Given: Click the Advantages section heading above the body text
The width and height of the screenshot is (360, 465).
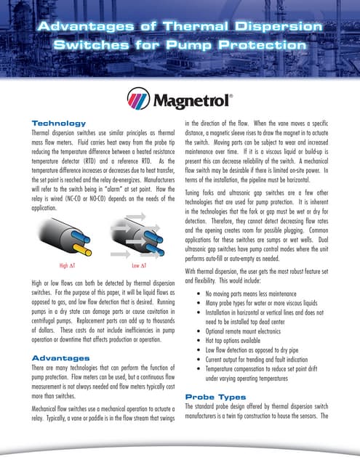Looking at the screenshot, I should click(x=61, y=358).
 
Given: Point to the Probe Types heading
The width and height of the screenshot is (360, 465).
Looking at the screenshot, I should click(x=215, y=397).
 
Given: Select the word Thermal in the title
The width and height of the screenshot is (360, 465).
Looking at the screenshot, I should click(x=197, y=27).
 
